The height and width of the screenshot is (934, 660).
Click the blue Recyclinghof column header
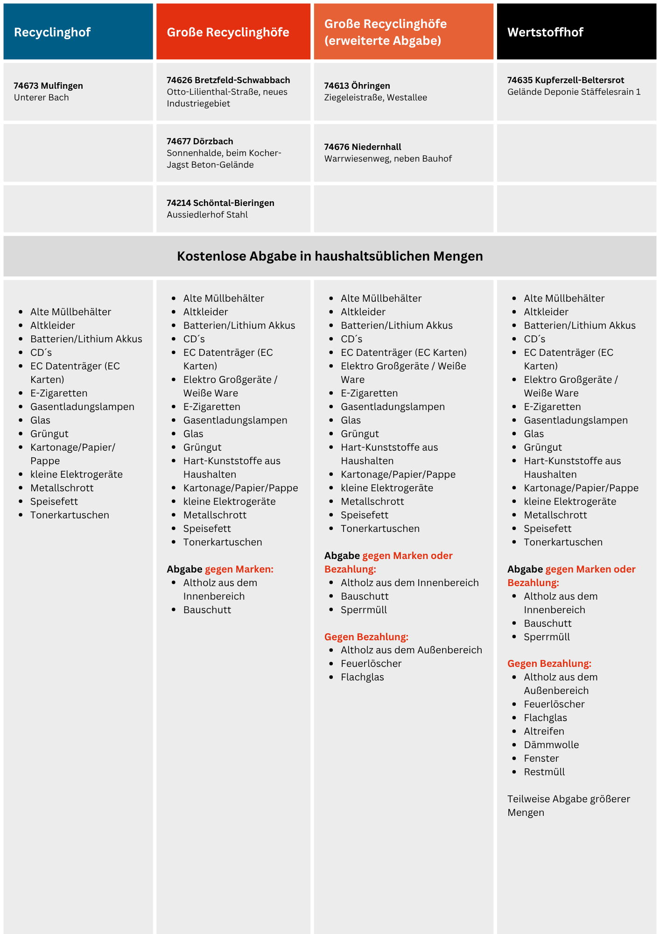click(78, 32)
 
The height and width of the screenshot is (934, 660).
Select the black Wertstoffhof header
click(576, 32)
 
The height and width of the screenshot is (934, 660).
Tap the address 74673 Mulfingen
click(48, 85)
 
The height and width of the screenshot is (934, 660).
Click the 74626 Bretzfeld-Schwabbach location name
click(228, 80)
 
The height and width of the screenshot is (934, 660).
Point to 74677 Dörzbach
click(200, 141)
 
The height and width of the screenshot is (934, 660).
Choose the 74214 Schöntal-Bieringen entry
click(220, 203)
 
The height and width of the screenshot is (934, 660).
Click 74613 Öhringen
click(357, 85)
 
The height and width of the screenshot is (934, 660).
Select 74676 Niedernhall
click(363, 147)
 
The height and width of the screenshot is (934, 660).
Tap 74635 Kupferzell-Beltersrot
click(566, 80)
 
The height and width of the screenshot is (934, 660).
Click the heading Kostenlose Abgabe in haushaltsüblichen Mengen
click(330, 256)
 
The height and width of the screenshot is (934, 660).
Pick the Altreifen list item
click(544, 731)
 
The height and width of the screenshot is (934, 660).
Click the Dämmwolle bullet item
click(551, 744)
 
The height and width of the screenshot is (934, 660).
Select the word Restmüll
click(544, 771)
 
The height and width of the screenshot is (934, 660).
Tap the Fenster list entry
click(541, 758)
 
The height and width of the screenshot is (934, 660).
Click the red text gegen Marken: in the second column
click(239, 569)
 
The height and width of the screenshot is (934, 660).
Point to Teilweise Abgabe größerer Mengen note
click(569, 805)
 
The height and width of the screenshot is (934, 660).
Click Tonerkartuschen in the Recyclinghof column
click(70, 515)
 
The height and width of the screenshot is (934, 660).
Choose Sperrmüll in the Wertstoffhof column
click(547, 637)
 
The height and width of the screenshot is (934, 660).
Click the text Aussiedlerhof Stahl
click(207, 214)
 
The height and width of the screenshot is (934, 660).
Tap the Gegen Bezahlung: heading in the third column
click(366, 637)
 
